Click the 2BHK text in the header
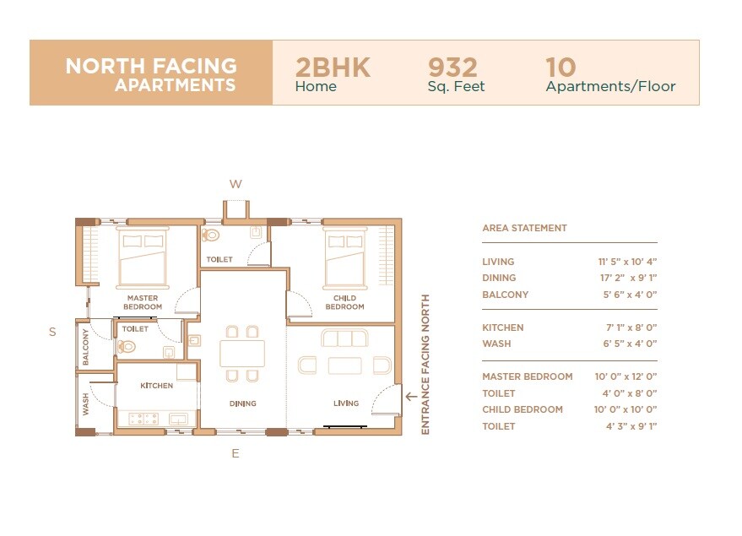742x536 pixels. pyautogui.click(x=333, y=68)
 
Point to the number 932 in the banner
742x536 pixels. pyautogui.click(x=452, y=68)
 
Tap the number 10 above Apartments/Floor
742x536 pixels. pyautogui.click(x=561, y=68)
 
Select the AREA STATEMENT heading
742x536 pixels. pyautogui.click(x=524, y=228)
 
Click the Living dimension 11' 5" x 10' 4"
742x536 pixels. pyautogui.click(x=627, y=262)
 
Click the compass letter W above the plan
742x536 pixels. pyautogui.click(x=236, y=184)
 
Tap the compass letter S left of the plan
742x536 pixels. pyautogui.click(x=52, y=332)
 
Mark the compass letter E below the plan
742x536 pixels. pyautogui.click(x=236, y=453)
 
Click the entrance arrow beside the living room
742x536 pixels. pyautogui.click(x=411, y=394)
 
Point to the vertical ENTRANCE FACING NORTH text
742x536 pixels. pyautogui.click(x=425, y=365)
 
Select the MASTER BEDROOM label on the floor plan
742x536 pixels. pyautogui.click(x=143, y=302)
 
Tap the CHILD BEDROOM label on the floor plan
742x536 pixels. pyautogui.click(x=344, y=302)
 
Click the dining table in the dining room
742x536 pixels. pyautogui.click(x=242, y=353)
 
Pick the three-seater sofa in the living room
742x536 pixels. pyautogui.click(x=344, y=338)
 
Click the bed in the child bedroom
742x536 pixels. pyautogui.click(x=344, y=257)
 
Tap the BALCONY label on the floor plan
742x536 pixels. pyautogui.click(x=86, y=346)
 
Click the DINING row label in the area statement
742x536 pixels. pyautogui.click(x=499, y=278)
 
